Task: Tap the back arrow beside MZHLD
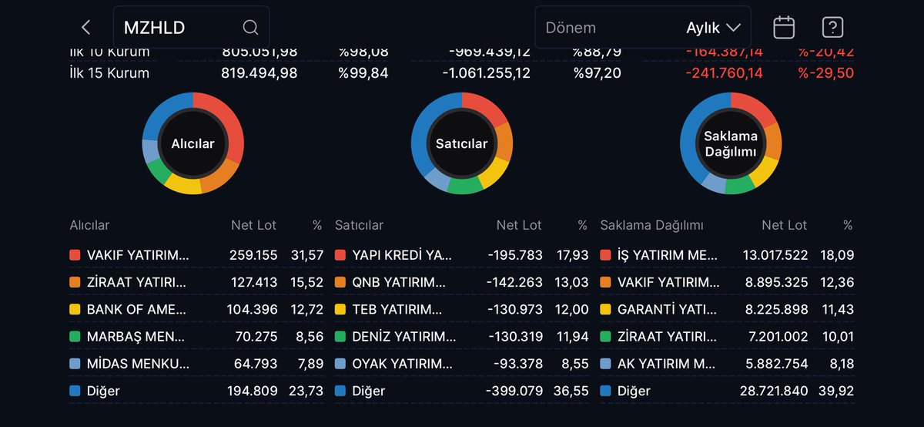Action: pos(85,28)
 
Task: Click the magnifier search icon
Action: pos(250,28)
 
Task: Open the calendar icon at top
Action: pos(784,28)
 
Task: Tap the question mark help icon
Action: pos(832,28)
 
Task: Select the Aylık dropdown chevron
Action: pos(733,28)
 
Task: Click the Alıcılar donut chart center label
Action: pos(192,143)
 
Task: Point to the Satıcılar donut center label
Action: pos(461,143)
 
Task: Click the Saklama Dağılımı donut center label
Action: pos(731,143)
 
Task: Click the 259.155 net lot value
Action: pos(253,255)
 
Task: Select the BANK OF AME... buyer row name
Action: pos(136,310)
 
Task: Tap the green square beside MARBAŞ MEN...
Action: pos(75,337)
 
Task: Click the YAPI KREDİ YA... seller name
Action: pos(402,255)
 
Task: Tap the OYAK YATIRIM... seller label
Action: pos(402,364)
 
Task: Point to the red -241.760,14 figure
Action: pos(724,73)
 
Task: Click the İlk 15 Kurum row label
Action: pos(109,73)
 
